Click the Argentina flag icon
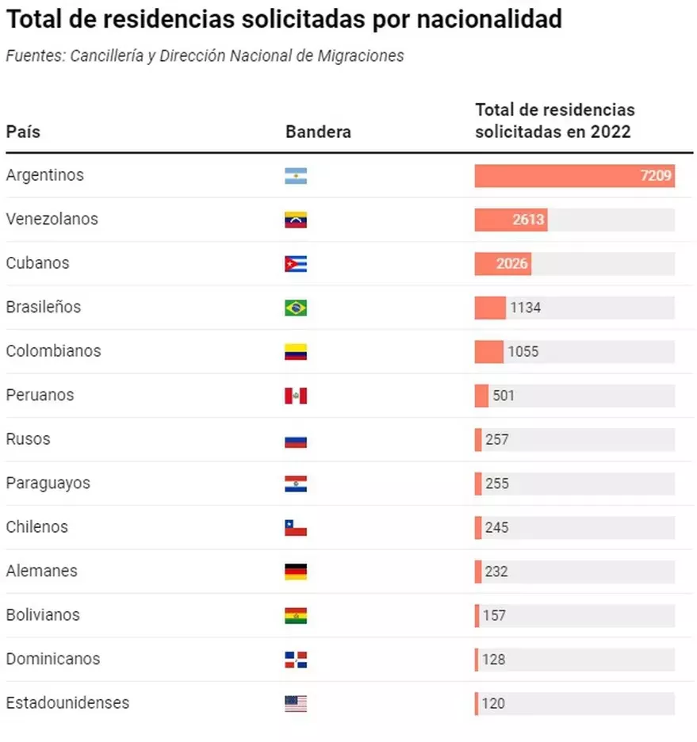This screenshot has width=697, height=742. pyautogui.click(x=295, y=176)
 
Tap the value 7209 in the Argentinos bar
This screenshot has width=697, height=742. pyautogui.click(x=657, y=176)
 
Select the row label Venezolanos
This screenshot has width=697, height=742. pyautogui.click(x=52, y=219)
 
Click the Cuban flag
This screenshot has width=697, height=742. pyautogui.click(x=295, y=264)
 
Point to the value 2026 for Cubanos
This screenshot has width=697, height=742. pyautogui.click(x=512, y=263)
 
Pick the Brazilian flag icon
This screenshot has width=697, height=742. pyautogui.click(x=295, y=308)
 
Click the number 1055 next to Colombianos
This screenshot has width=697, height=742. pyautogui.click(x=523, y=351)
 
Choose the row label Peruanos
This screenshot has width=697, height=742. pyautogui.click(x=40, y=395)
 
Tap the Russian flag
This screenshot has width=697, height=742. pyautogui.click(x=295, y=440)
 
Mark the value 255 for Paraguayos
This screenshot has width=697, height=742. pyautogui.click(x=497, y=483)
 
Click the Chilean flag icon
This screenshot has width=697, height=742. pyautogui.click(x=295, y=528)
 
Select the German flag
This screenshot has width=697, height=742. pyautogui.click(x=295, y=572)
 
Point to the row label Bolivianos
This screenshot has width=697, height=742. pyautogui.click(x=43, y=614)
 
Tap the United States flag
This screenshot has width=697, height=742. pyautogui.click(x=295, y=703)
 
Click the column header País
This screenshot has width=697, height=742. pyautogui.click(x=23, y=132)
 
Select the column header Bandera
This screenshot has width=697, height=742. pyautogui.click(x=318, y=132)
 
